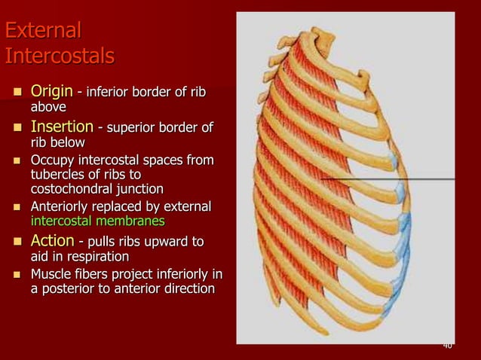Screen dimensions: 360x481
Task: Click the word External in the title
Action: click(42, 32)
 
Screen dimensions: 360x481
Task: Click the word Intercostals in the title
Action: click(60, 56)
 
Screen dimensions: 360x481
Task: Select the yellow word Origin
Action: click(51, 92)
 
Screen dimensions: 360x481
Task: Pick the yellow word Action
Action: click(51, 241)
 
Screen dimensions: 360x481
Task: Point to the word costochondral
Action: click(73, 188)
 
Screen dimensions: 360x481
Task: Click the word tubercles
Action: click(57, 175)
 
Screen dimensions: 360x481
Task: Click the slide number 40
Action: click(447, 345)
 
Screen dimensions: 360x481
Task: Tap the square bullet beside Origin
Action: click(15, 93)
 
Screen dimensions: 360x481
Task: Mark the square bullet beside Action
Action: click(15, 243)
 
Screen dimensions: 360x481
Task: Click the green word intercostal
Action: click(66, 221)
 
